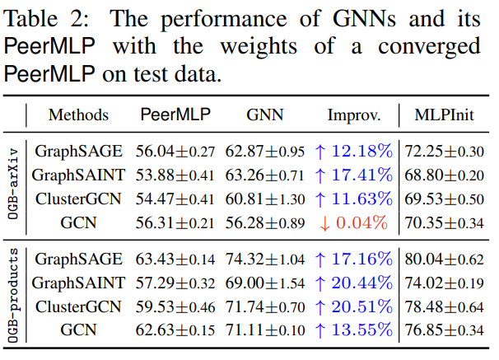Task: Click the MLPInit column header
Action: [445, 115]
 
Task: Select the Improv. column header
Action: [354, 115]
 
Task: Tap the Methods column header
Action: [78, 115]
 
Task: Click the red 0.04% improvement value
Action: [361, 222]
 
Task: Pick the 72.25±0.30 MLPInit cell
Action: [445, 152]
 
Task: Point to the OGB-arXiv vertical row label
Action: [12, 184]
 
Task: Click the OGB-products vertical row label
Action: [12, 296]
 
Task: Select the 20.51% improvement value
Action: [361, 306]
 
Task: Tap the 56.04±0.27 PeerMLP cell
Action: [175, 152]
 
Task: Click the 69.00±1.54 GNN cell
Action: [265, 283]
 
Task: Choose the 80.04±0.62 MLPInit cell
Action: [445, 259]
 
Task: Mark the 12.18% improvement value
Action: [361, 151]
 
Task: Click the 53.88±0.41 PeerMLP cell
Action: [175, 175]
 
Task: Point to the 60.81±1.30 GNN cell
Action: [265, 199]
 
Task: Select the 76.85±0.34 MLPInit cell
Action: [445, 330]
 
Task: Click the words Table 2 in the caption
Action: [46, 18]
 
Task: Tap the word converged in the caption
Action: [429, 47]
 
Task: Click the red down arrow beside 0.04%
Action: [324, 223]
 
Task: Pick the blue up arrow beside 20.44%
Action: [319, 283]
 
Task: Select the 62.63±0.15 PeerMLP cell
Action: [175, 330]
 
